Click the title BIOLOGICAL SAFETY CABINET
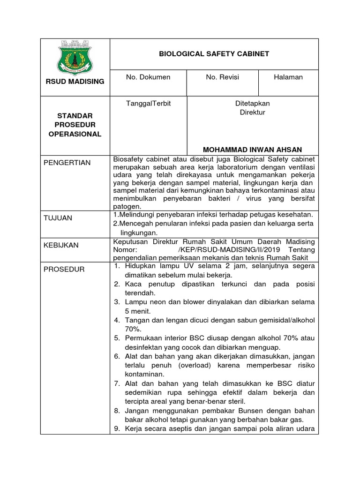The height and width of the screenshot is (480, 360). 214,54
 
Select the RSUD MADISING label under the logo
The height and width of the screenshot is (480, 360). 75,82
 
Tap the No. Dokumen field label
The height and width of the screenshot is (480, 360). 148,77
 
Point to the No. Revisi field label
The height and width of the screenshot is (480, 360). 223,77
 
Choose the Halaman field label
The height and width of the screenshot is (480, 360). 288,77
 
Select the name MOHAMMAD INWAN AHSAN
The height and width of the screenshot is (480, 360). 252,149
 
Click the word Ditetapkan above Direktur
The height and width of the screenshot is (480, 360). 252,103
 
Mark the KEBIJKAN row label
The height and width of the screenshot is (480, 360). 61,245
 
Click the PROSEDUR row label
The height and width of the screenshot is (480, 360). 64,269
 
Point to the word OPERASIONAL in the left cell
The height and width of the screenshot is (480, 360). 75,134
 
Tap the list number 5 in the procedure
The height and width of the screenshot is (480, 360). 118,338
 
